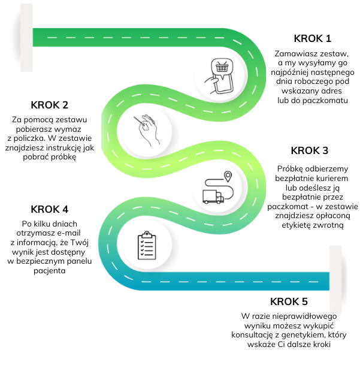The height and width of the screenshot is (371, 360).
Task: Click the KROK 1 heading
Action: tap(312, 39)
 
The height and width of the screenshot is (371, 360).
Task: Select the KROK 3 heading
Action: tap(309, 150)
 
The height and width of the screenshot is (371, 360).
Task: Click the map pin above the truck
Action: tap(228, 176)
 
